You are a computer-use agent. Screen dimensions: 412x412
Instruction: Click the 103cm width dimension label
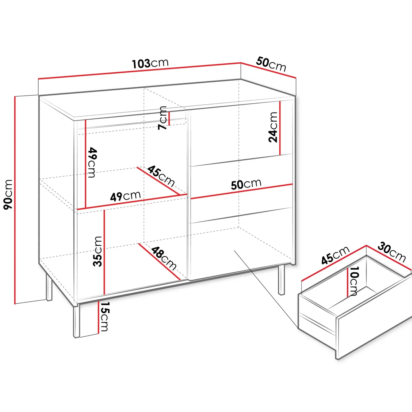click(150, 63)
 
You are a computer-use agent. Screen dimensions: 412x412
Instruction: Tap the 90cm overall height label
click(8, 194)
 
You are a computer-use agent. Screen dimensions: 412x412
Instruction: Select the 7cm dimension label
click(163, 118)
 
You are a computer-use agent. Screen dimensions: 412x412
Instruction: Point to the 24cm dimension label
click(273, 127)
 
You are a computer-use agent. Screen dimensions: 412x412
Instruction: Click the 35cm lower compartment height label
click(98, 251)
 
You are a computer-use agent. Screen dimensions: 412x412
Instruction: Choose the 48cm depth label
click(164, 258)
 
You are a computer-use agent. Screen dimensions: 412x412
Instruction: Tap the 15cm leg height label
click(105, 316)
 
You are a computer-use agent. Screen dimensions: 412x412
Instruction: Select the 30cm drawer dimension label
click(392, 252)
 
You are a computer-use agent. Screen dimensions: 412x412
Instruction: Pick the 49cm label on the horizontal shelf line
click(125, 196)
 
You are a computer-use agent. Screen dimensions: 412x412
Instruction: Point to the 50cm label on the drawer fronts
click(246, 184)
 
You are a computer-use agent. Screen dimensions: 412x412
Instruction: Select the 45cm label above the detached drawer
click(335, 255)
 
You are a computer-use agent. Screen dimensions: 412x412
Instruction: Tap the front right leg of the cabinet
click(281, 280)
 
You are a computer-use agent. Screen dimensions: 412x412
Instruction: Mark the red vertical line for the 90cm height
click(15, 200)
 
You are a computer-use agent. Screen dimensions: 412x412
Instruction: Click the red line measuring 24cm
click(280, 128)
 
